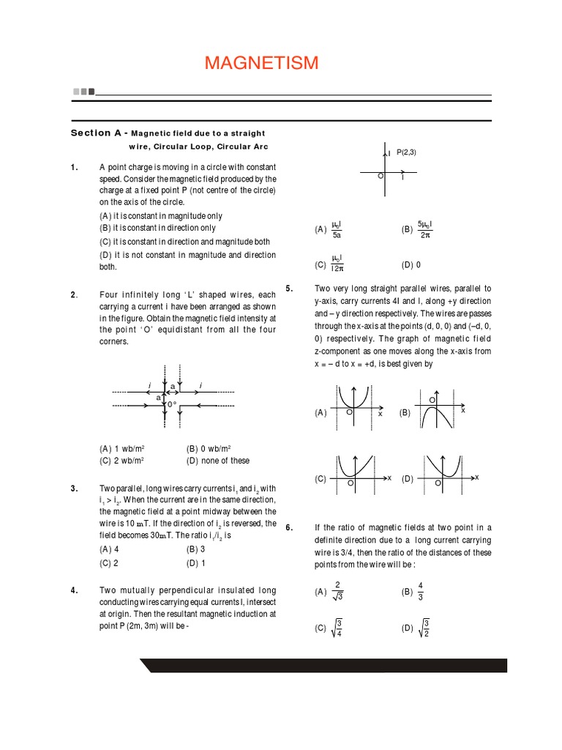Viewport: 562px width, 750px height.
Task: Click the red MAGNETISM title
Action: [x=261, y=64]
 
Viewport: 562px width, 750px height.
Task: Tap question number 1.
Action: [x=74, y=168]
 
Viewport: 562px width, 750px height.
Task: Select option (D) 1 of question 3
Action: [x=196, y=563]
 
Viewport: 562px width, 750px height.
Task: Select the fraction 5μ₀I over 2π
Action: [x=424, y=229]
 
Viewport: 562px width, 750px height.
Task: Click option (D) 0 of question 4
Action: [x=411, y=264]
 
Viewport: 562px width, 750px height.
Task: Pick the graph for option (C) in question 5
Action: [x=359, y=476]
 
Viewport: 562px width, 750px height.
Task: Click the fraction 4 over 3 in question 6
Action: [x=420, y=590]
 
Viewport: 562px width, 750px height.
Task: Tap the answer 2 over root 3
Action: [x=337, y=591]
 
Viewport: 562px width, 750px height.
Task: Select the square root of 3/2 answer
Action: [x=424, y=628]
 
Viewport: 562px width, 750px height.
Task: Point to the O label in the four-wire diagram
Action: [x=173, y=404]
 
